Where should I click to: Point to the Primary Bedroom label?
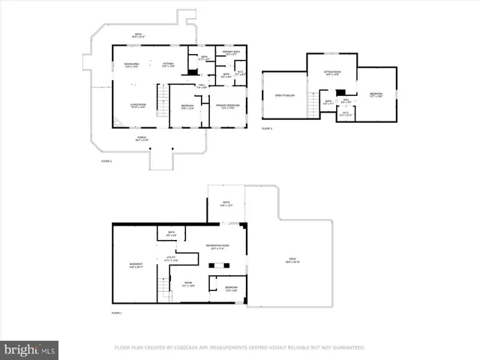(x=228, y=106)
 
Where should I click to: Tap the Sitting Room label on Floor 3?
(x=331, y=73)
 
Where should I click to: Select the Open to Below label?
(x=283, y=96)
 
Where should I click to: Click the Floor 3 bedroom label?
(x=376, y=94)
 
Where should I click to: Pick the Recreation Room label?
(x=217, y=247)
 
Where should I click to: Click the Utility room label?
(x=170, y=259)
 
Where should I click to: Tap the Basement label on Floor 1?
(x=135, y=265)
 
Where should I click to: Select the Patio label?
(x=226, y=203)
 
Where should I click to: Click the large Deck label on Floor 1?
(x=292, y=261)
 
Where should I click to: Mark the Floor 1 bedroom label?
(x=232, y=289)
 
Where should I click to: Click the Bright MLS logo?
(x=29, y=349)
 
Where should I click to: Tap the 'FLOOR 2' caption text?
(x=106, y=161)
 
